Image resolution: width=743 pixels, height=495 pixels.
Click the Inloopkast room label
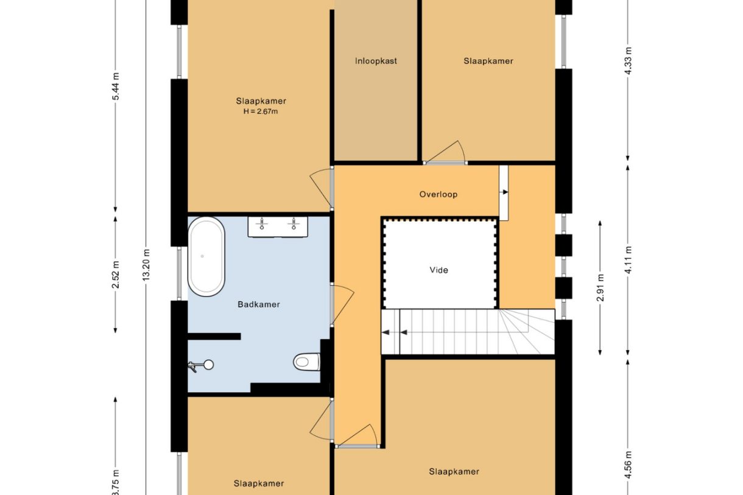pyautogui.click(x=376, y=61)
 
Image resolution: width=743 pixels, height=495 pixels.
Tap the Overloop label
pyautogui.click(x=438, y=195)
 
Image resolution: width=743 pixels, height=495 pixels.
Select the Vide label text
pyautogui.click(x=438, y=270)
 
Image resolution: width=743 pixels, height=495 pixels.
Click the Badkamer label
pyautogui.click(x=259, y=304)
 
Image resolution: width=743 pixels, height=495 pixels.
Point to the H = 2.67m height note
pyautogui.click(x=261, y=111)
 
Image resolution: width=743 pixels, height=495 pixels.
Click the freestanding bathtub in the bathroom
pyautogui.click(x=206, y=256)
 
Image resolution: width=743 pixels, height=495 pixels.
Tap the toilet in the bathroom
pyautogui.click(x=306, y=362)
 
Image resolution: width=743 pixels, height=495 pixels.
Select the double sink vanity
pyautogui.click(x=277, y=226)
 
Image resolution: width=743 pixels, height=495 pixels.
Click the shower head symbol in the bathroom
pyautogui.click(x=201, y=365)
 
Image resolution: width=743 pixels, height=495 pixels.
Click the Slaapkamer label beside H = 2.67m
pyautogui.click(x=261, y=101)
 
